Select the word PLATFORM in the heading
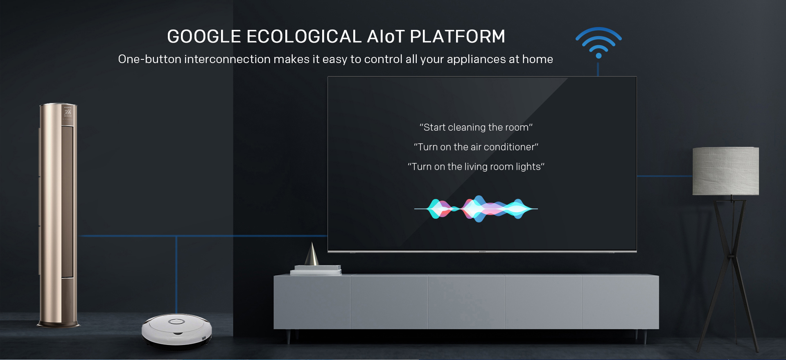tap(458, 36)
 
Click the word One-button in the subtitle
tap(150, 59)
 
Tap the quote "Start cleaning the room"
tap(476, 127)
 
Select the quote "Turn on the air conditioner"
tap(476, 147)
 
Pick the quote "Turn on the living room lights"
tap(476, 167)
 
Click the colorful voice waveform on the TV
tap(476, 209)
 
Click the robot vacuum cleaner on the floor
tap(177, 331)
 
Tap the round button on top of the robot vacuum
tap(177, 321)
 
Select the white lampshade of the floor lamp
tap(725, 171)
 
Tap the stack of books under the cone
tap(316, 270)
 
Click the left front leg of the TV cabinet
tap(288, 336)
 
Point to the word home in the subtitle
tap(538, 59)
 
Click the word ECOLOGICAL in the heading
tap(304, 36)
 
